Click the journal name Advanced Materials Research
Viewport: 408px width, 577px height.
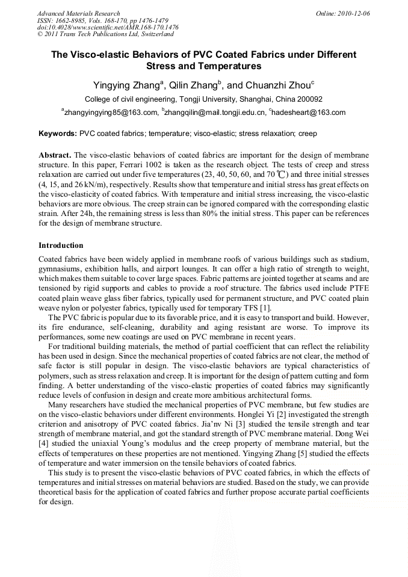coord(78,13)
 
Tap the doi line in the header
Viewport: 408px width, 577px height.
coord(108,28)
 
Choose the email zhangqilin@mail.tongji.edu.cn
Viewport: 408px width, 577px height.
coord(214,113)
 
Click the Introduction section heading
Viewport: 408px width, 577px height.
coord(61,245)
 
